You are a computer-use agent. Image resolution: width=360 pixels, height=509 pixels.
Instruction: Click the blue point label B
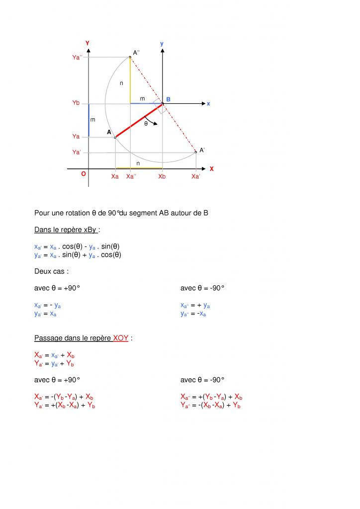click(168, 99)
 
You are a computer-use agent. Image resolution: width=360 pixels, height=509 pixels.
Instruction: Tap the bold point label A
click(109, 132)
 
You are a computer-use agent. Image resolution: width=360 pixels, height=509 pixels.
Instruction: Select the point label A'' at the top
click(136, 52)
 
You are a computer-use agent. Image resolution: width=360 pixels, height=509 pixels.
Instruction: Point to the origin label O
click(84, 174)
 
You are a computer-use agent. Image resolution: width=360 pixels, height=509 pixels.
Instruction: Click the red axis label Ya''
click(78, 58)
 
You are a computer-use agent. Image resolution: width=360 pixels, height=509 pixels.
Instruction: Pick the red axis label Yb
click(76, 103)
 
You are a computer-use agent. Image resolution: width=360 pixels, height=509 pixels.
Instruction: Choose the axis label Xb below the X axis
click(162, 176)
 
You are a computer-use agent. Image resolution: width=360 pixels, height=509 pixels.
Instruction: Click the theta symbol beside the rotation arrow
click(146, 124)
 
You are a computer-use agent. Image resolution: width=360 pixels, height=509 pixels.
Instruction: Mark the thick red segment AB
click(139, 120)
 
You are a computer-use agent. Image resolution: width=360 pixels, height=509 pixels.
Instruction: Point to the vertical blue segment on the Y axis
click(89, 120)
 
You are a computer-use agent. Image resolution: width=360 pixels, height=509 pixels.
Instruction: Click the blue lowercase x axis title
click(208, 103)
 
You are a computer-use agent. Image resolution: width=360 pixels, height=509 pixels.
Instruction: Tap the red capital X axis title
click(211, 169)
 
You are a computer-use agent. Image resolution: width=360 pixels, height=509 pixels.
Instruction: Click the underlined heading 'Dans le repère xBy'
click(66, 230)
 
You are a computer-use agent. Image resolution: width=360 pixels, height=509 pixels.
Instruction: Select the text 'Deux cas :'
click(52, 271)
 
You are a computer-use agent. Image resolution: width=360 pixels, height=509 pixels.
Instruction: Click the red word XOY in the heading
click(121, 338)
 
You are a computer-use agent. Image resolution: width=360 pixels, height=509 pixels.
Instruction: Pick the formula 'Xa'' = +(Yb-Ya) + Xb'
click(211, 397)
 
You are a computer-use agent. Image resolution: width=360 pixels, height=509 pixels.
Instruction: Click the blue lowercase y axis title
click(162, 44)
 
